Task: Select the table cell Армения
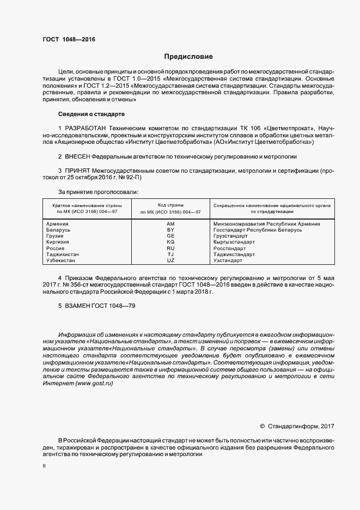(58, 224)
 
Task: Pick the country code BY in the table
(170, 230)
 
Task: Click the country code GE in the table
(170, 236)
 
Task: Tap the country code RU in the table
(170, 248)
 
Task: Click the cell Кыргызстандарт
(234, 242)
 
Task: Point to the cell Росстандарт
(229, 248)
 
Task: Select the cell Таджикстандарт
(234, 254)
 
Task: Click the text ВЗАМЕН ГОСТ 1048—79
(96, 307)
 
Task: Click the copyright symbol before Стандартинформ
(262, 426)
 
